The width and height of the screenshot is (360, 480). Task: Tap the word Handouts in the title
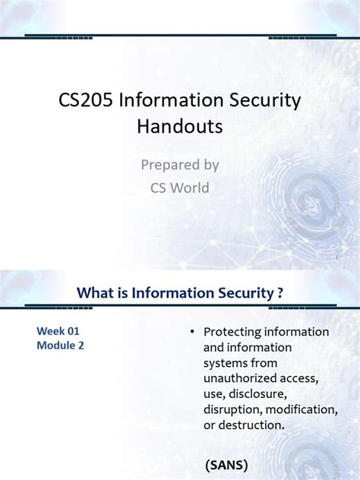point(180,125)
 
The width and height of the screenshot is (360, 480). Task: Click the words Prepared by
point(180,164)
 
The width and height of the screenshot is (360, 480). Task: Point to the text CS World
point(180,188)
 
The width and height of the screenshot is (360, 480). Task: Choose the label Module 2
point(62,346)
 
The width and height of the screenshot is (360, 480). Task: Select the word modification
point(301,409)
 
